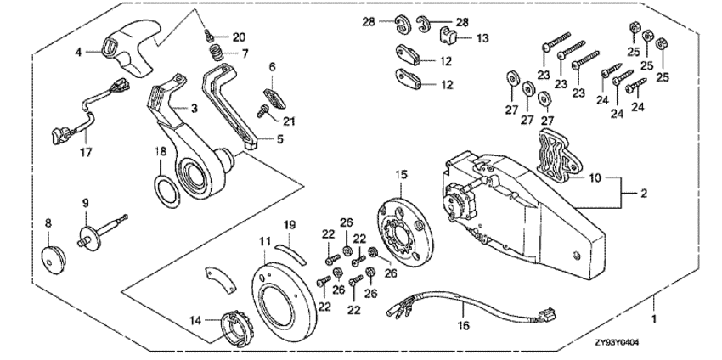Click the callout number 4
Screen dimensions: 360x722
[x=78, y=52]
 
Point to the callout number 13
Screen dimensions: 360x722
[x=482, y=38]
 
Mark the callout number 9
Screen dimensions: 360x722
[x=85, y=202]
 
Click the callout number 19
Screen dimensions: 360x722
[x=289, y=224]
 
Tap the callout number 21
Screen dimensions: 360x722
[x=289, y=121]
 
